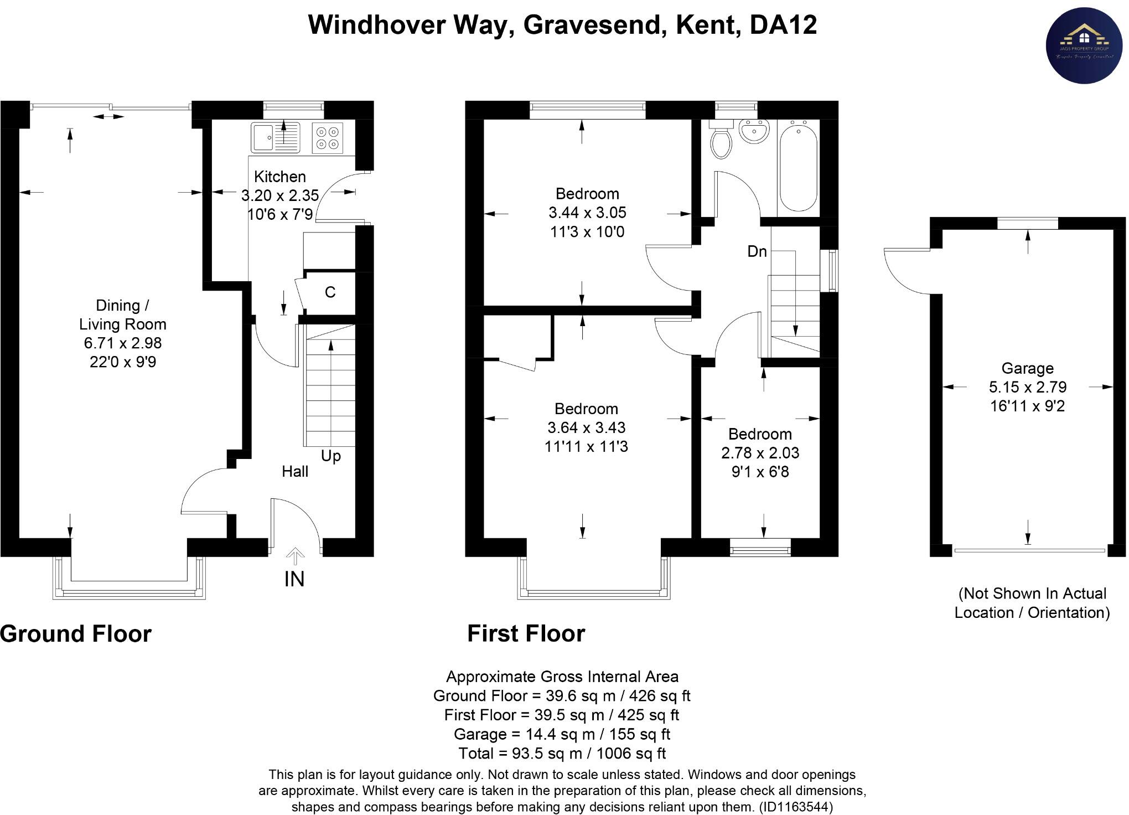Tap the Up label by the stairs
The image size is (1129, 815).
331,456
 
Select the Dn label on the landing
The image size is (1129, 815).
757,251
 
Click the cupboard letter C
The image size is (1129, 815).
330,292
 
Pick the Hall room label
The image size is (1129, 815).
295,472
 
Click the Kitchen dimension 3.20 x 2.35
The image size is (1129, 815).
280,195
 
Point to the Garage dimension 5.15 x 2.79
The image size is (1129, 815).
1028,387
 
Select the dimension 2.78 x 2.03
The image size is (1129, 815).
760,453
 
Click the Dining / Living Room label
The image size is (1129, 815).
122,314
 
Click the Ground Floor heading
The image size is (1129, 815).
76,634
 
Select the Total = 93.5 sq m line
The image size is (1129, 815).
562,754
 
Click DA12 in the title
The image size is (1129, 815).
783,25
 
